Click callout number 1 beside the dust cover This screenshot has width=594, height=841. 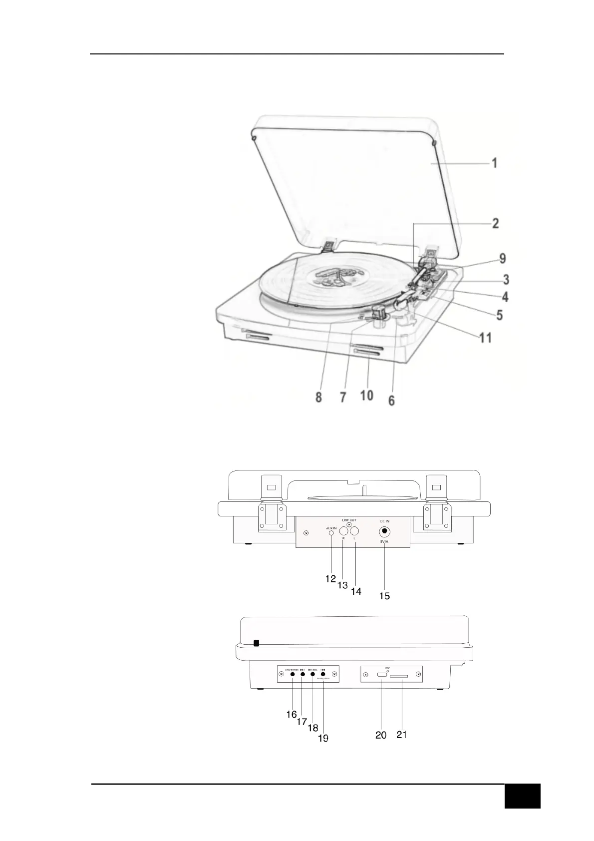[494, 163]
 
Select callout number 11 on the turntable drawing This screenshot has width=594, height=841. [486, 338]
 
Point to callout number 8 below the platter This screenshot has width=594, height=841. [318, 397]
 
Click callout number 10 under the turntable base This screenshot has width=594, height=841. [366, 396]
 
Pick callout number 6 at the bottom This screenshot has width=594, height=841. [392, 401]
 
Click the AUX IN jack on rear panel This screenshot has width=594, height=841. [332, 533]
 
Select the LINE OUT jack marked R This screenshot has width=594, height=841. [343, 531]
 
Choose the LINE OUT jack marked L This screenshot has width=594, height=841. [355, 531]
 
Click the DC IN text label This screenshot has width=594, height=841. [384, 521]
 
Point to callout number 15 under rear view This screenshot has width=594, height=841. [384, 596]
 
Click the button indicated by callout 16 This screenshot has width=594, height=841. [292, 674]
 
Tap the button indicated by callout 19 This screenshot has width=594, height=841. [323, 674]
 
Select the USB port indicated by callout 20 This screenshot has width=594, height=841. [381, 675]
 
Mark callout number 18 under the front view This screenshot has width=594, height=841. [313, 728]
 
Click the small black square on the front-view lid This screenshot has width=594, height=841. [257, 643]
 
